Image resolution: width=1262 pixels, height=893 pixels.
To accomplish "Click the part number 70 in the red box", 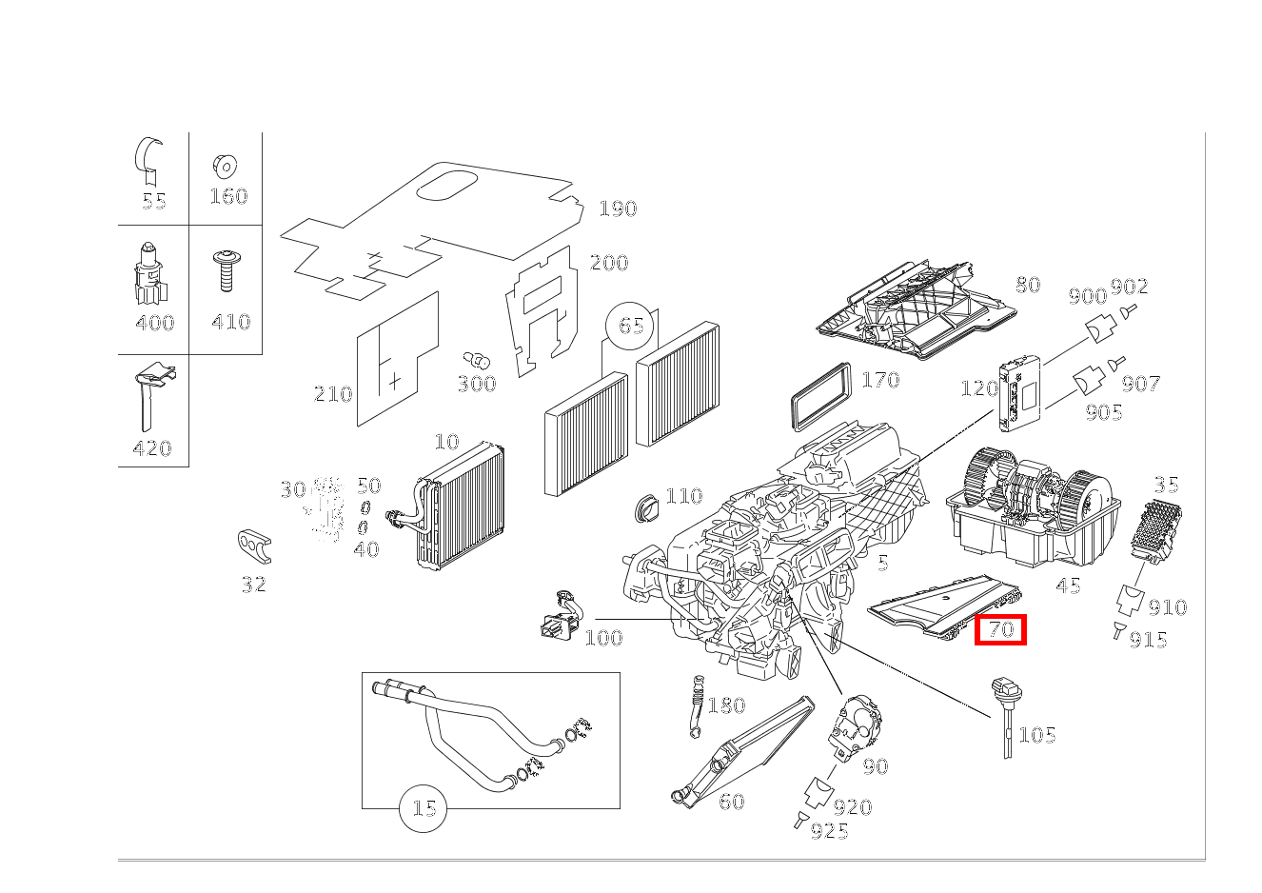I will (x=1000, y=629).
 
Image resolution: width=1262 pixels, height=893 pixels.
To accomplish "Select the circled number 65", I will (x=631, y=326).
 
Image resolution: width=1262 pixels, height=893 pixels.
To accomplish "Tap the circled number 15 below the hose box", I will (x=424, y=809).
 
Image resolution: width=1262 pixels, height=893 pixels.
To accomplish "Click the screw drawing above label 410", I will (x=227, y=271).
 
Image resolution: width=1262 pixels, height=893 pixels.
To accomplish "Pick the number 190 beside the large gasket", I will (x=618, y=208).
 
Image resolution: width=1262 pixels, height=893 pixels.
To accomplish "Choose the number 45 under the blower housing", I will (x=1069, y=585).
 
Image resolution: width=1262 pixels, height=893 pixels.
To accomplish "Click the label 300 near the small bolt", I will (x=477, y=384).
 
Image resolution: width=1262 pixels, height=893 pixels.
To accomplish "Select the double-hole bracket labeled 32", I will (x=254, y=546).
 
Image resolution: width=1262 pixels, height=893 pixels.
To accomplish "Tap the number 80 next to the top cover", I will (x=1027, y=285).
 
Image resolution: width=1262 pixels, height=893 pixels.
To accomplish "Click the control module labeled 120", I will (x=1019, y=389).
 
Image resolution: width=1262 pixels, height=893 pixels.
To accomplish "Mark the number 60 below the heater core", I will (x=731, y=802).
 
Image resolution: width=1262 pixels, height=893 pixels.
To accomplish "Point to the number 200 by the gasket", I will (x=609, y=263).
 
